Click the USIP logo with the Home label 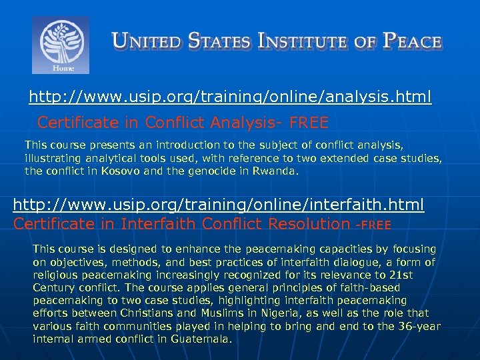click(x=61, y=45)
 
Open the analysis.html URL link click(x=230, y=98)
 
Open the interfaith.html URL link click(x=219, y=204)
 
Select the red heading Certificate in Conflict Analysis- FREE click(x=183, y=123)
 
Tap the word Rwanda click(x=275, y=171)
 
